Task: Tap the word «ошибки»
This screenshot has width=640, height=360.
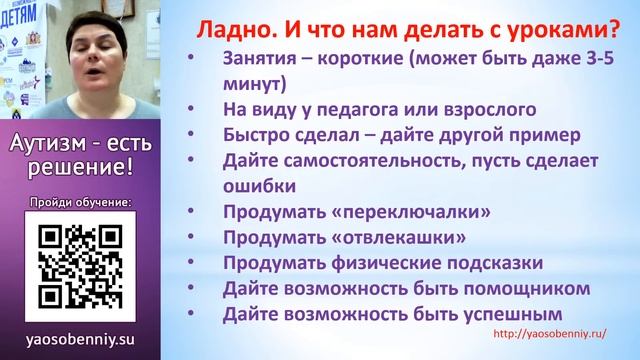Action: point(259,186)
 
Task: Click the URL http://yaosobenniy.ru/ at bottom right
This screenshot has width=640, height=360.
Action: point(550,335)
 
